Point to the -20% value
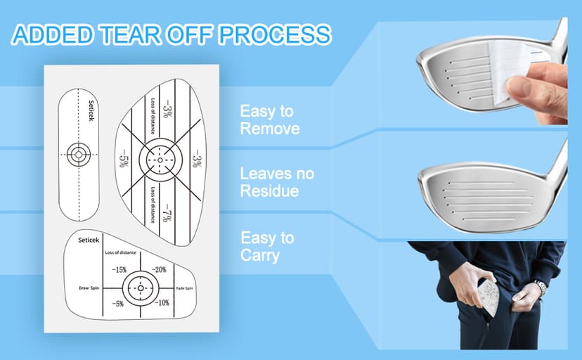[x=160, y=269]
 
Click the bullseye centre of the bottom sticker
[x=139, y=288]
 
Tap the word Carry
[x=259, y=255]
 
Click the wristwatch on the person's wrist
[x=540, y=287]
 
